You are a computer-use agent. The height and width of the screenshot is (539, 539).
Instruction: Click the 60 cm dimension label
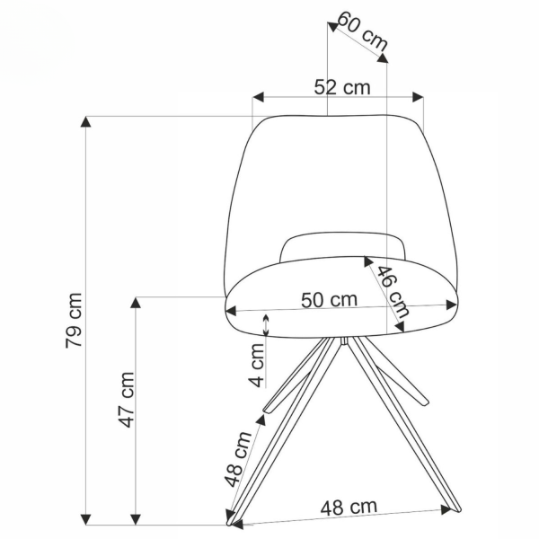click(x=363, y=31)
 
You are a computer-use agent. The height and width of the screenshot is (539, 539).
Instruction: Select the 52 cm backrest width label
click(x=342, y=87)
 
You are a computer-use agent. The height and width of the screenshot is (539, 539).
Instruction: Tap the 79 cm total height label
click(x=74, y=320)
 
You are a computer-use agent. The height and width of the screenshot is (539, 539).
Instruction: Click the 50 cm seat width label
click(x=330, y=300)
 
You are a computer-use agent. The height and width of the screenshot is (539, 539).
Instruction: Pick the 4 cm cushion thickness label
click(x=257, y=365)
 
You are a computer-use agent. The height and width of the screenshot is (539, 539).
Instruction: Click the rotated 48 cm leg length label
click(x=238, y=459)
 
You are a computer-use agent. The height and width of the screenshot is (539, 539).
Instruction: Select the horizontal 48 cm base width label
click(x=349, y=507)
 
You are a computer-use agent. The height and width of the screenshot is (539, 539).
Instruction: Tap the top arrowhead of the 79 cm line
click(x=85, y=121)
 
